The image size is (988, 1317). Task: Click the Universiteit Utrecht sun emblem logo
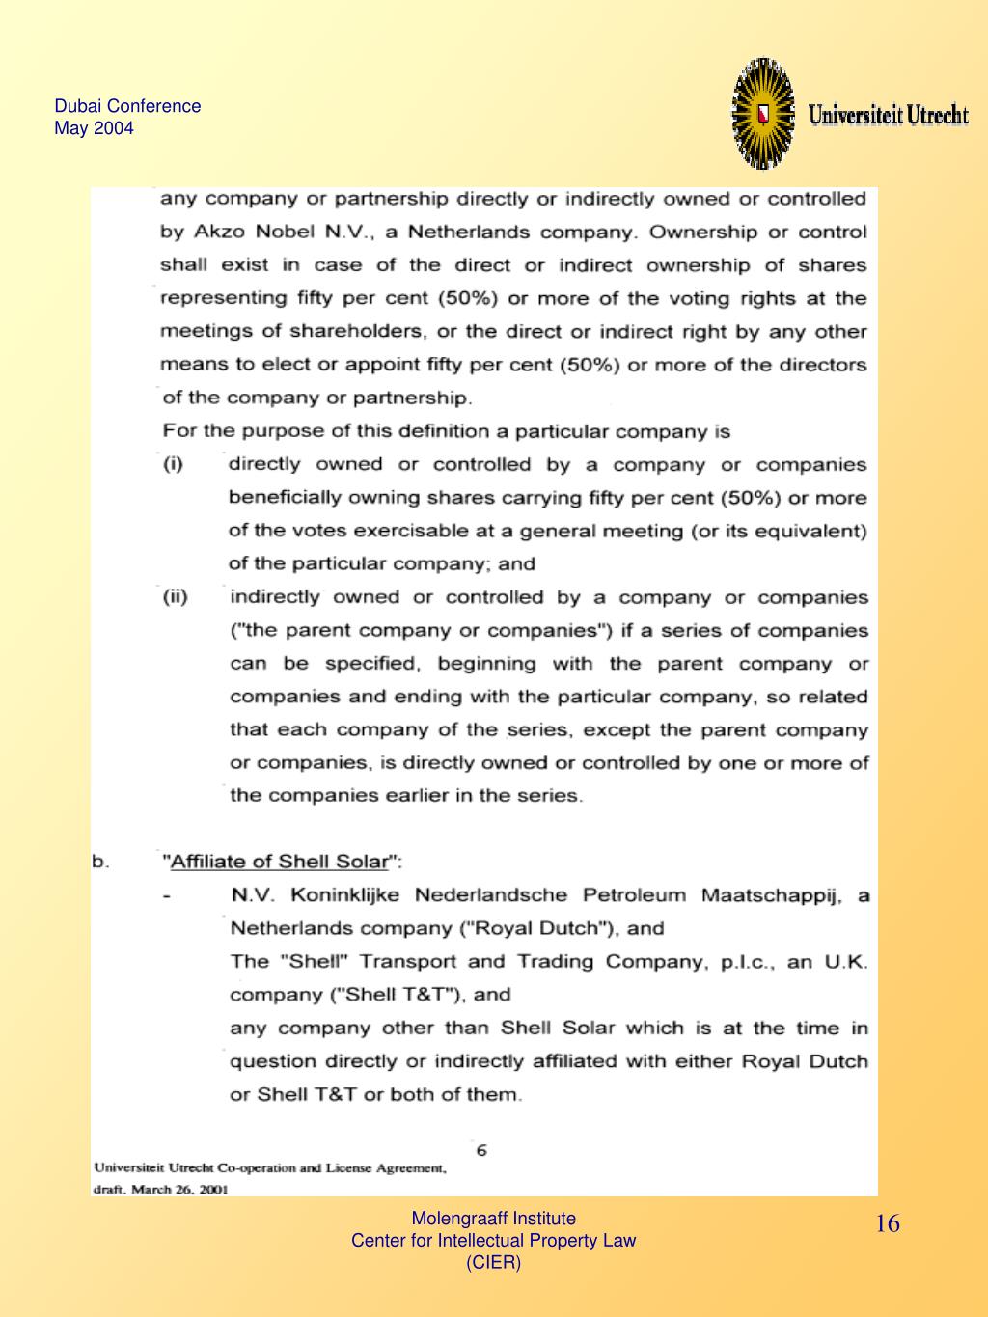click(x=763, y=114)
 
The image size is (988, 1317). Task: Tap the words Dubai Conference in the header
click(x=127, y=106)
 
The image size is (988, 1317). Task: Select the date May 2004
click(x=94, y=128)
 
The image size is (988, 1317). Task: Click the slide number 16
click(x=888, y=1224)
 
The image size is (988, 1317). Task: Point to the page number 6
click(x=481, y=1149)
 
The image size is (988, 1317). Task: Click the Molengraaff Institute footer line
click(x=493, y=1219)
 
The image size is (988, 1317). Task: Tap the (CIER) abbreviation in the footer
click(x=493, y=1262)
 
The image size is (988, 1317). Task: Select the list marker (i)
click(x=173, y=464)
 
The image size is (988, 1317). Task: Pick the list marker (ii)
click(x=175, y=597)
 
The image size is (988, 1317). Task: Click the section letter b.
click(x=100, y=862)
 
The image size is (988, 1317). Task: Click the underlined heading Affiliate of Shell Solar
click(x=280, y=862)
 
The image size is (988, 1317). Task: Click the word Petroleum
click(x=630, y=895)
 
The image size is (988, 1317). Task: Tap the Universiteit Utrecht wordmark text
click(x=888, y=116)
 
